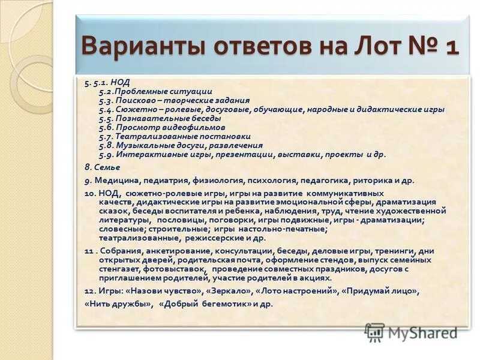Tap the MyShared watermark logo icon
[x=374, y=332]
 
